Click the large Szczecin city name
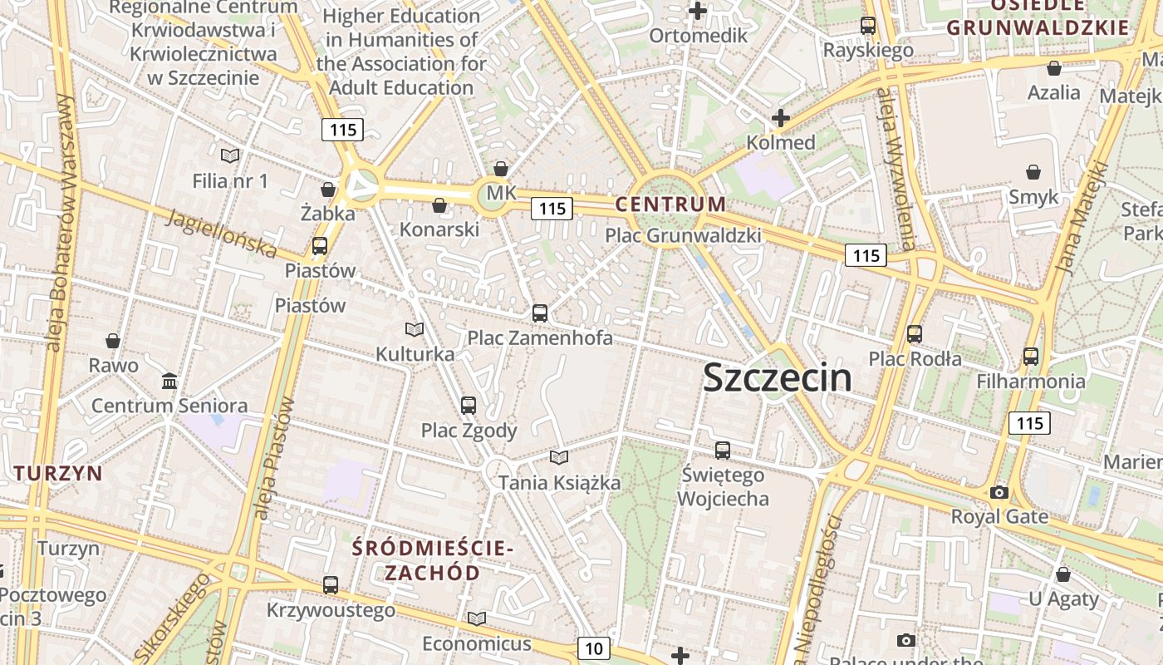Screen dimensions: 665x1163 click(x=777, y=378)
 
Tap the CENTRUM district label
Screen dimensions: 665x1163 click(x=670, y=204)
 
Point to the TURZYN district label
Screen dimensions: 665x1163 click(x=58, y=474)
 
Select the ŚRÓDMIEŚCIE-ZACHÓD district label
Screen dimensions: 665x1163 click(x=432, y=560)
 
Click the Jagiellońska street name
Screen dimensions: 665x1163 click(x=221, y=234)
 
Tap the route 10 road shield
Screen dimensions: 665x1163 click(x=593, y=648)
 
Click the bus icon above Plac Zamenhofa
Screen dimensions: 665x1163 click(x=540, y=313)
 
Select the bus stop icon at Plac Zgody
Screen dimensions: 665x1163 click(x=469, y=406)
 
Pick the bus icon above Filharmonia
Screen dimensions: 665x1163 click(x=1031, y=357)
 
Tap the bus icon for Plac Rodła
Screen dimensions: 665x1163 click(x=915, y=334)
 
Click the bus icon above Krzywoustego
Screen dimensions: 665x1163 click(x=331, y=585)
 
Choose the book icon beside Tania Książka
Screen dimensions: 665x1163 click(x=559, y=457)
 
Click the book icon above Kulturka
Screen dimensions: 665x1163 click(x=415, y=329)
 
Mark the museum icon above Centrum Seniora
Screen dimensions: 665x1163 click(x=169, y=381)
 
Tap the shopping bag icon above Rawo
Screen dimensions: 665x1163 click(x=113, y=341)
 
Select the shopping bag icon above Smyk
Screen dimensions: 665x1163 click(x=1033, y=172)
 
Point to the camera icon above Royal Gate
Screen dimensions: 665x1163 click(x=999, y=492)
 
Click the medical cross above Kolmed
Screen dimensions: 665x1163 click(x=780, y=118)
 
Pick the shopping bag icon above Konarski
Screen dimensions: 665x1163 click(x=439, y=204)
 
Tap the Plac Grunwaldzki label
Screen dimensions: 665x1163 click(x=683, y=235)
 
